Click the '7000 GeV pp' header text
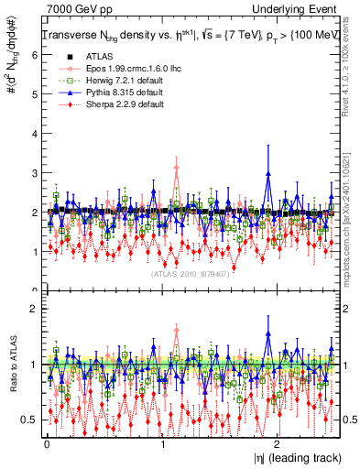tap(71, 9)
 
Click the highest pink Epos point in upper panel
tap(177, 167)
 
